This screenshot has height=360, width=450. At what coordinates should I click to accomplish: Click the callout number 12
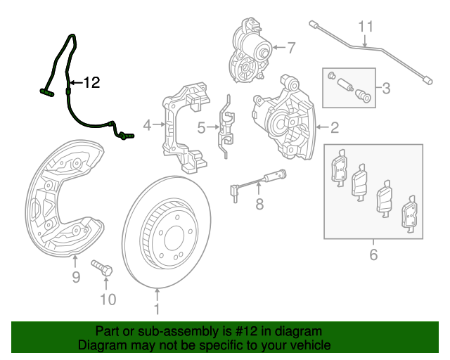click(91, 83)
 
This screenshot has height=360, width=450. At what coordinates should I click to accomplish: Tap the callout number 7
click(291, 48)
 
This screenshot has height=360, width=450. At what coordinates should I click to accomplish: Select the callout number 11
click(364, 27)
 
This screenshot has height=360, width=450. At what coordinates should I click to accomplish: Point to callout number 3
click(386, 89)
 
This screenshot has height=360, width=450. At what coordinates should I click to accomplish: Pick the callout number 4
click(147, 126)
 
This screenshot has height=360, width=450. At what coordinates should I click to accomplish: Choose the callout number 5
click(200, 127)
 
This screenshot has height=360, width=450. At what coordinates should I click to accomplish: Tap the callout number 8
click(259, 205)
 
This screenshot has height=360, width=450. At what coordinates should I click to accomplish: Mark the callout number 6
click(373, 254)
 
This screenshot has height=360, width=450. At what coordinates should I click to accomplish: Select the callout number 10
click(106, 301)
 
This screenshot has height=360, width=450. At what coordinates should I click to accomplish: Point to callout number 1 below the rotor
click(157, 309)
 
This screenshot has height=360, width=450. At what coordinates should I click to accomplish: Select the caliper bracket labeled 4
click(186, 127)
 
